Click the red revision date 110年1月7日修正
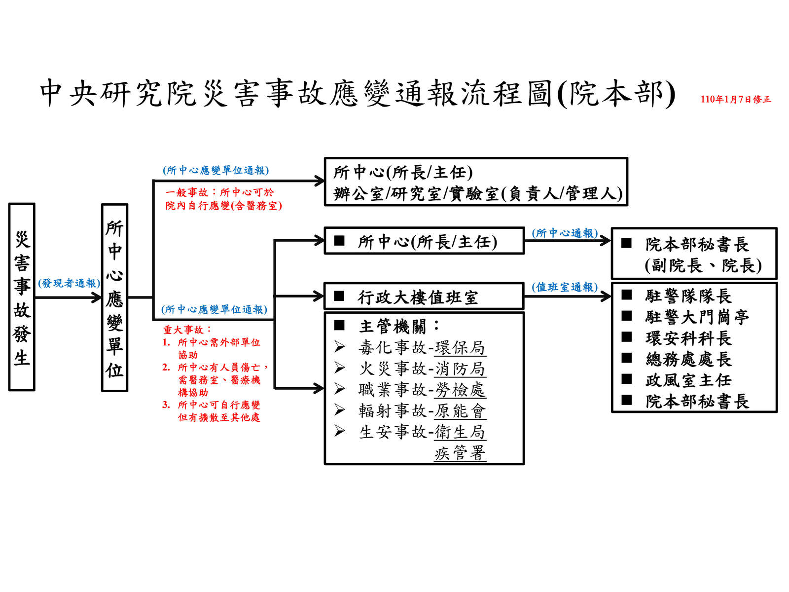pos(736,100)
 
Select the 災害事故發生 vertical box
pos(22,297)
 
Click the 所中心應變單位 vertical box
pos(114,298)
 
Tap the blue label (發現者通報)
pos(70,283)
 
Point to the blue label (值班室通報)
pos(565,287)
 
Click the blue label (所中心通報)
pos(565,233)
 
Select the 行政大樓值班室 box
pos(424,296)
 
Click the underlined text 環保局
pos(460,348)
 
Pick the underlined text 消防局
pos(460,369)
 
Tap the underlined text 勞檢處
pos(460,390)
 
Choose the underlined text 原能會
pos(460,411)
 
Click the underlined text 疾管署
pos(460,453)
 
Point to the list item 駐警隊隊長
pos(688,296)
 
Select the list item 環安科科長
pos(688,338)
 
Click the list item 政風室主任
pos(688,380)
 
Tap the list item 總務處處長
pos(688,359)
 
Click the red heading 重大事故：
pos(187,330)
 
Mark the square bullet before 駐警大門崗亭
pos(627,316)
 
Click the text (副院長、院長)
pos(703,266)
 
